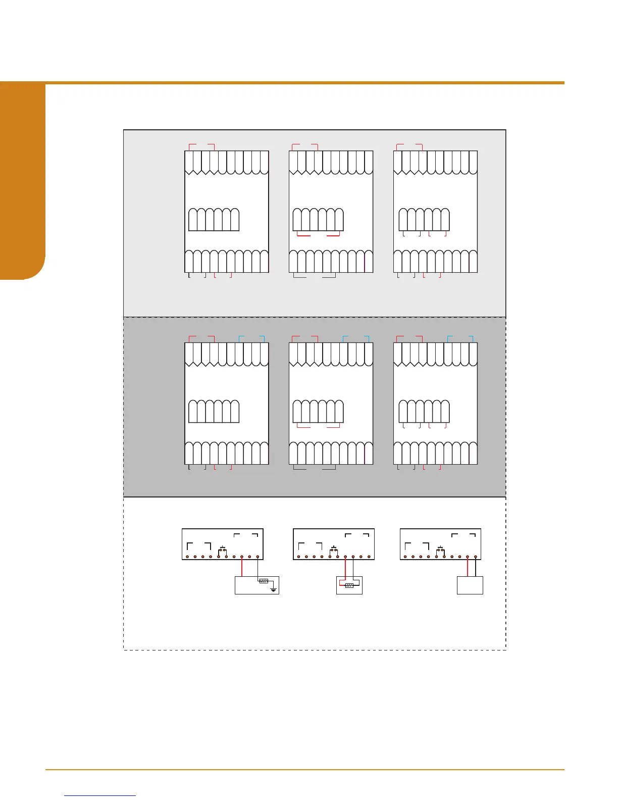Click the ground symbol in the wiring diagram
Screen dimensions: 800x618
[x=273, y=589]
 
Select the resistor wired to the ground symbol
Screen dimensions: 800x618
[x=264, y=581]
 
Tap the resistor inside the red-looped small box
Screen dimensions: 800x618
[x=349, y=585]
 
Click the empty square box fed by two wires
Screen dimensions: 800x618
[x=470, y=585]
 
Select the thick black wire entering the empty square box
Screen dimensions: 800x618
[x=476, y=567]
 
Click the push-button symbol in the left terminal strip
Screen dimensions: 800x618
[x=222, y=548]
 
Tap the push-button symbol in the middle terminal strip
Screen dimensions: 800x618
[x=334, y=548]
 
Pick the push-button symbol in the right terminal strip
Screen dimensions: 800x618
[x=441, y=548]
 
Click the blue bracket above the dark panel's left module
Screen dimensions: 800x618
[x=251, y=336]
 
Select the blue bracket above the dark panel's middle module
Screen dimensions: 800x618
[x=356, y=336]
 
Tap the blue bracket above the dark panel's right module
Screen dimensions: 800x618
[x=460, y=336]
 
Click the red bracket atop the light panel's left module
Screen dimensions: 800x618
[x=202, y=145]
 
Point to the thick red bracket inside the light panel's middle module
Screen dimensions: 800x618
[x=319, y=235]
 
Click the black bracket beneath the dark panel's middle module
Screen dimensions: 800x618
[x=315, y=469]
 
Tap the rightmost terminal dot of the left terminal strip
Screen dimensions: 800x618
[x=258, y=557]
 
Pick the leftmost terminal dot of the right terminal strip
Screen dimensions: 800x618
[x=405, y=557]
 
